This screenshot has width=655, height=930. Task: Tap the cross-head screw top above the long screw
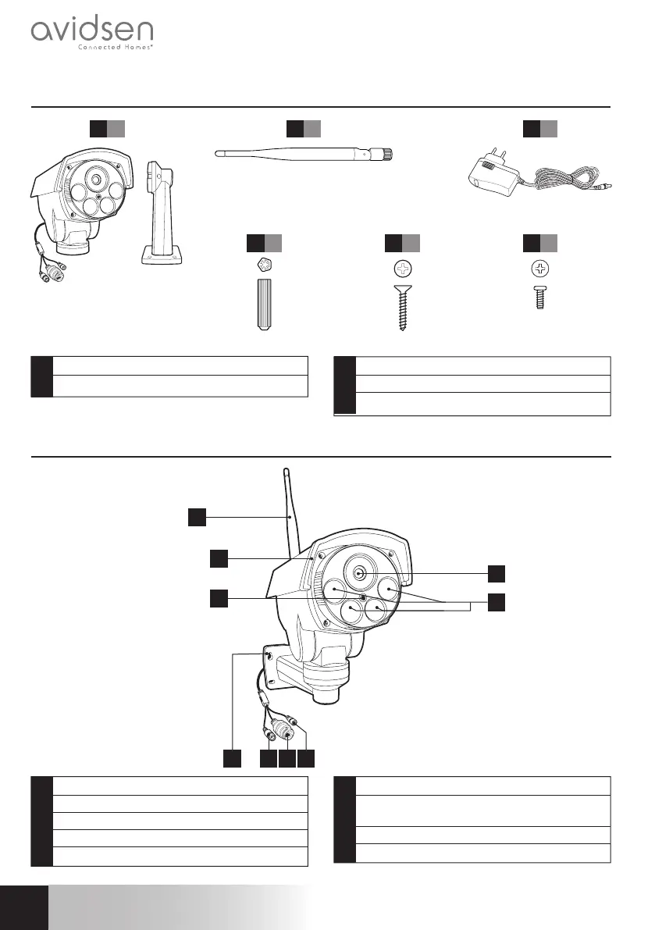tap(403, 269)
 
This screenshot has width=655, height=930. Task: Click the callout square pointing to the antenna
tap(197, 516)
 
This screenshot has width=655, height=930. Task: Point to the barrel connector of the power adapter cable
tap(606, 187)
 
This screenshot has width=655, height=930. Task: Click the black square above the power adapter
tap(532, 129)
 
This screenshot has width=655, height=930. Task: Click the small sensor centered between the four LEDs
tap(364, 598)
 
